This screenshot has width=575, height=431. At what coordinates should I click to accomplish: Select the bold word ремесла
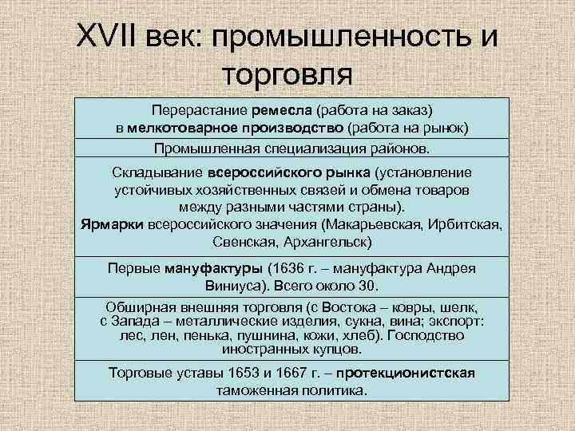[284, 111]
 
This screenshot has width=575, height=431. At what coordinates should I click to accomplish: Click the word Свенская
[244, 240]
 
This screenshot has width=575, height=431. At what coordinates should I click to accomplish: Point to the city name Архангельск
[327, 240]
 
